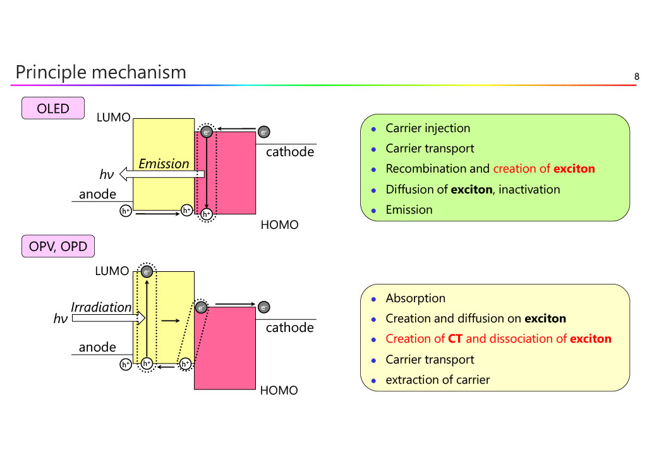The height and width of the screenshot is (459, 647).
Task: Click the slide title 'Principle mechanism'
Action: point(100,72)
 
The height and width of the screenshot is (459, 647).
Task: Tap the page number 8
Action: point(637,77)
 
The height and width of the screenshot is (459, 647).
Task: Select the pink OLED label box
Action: point(53,108)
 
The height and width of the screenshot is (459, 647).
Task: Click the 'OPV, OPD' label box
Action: point(58,247)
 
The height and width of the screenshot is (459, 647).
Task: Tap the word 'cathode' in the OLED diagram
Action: point(289,152)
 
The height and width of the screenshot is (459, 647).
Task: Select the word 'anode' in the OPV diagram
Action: point(97,347)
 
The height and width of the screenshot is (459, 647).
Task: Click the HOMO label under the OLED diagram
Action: point(279,225)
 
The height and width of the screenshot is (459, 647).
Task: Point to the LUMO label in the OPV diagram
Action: point(112,271)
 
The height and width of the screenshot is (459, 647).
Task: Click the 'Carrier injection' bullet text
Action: point(428,128)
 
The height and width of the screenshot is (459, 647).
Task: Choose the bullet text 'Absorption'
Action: point(415,298)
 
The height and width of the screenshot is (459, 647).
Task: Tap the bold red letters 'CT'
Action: point(455,339)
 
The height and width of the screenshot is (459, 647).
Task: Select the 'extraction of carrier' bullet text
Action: point(437,380)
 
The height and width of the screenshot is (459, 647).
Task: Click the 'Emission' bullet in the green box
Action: point(409,210)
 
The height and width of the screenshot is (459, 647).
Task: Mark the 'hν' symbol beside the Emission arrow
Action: point(106,175)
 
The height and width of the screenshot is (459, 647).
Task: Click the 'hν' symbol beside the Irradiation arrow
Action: point(61,319)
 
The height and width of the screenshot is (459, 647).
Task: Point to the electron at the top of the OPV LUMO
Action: point(147,272)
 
